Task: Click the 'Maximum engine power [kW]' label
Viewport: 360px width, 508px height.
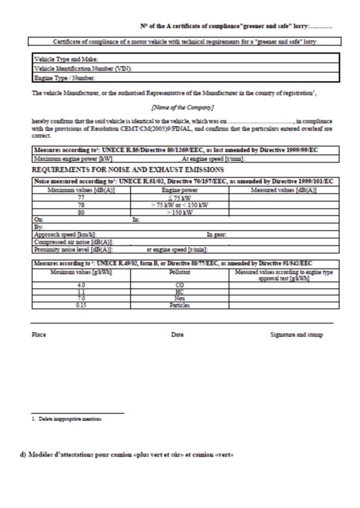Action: coord(72,158)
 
